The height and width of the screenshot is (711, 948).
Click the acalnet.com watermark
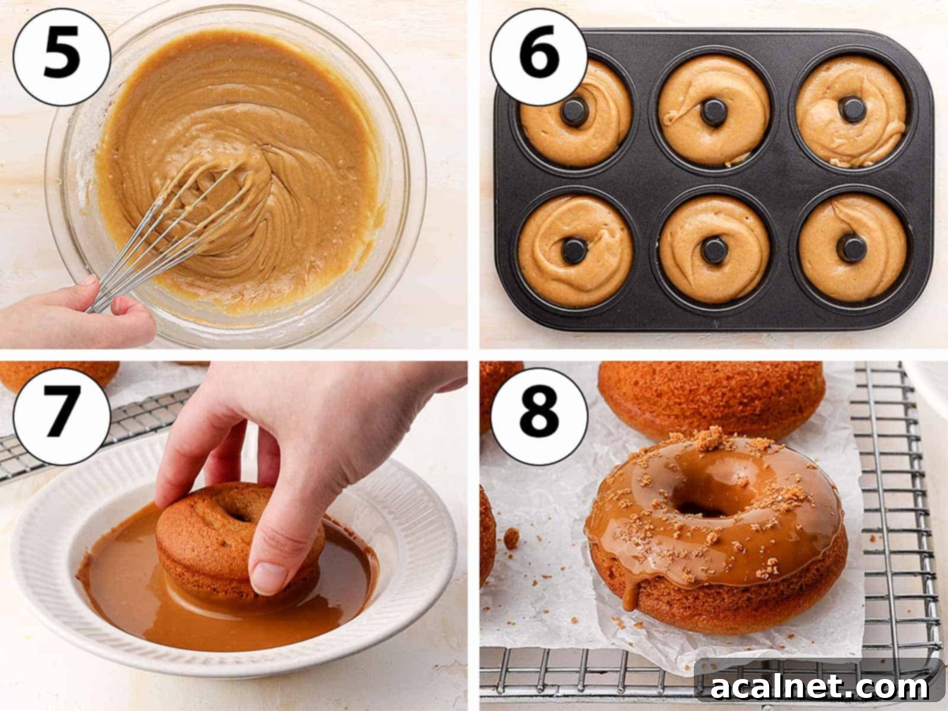click(x=819, y=687)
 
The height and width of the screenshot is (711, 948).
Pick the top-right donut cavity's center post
click(x=851, y=109)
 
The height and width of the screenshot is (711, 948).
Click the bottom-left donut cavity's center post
click(x=574, y=251)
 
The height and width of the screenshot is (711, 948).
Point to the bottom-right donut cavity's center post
click(x=851, y=248)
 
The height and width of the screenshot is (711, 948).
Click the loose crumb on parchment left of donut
click(x=511, y=537)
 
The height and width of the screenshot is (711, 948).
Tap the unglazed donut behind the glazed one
click(x=711, y=391)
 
